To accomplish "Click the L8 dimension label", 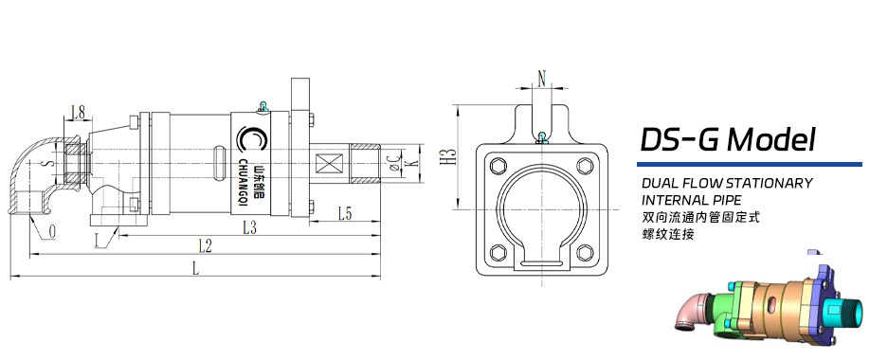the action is pos(79,113).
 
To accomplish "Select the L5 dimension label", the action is pos(345,214).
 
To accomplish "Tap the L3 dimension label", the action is pos(249,227).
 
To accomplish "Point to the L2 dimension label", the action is pos(206,246).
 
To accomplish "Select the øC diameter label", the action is pos(393,162).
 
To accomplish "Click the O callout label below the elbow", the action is pos(51,233).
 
